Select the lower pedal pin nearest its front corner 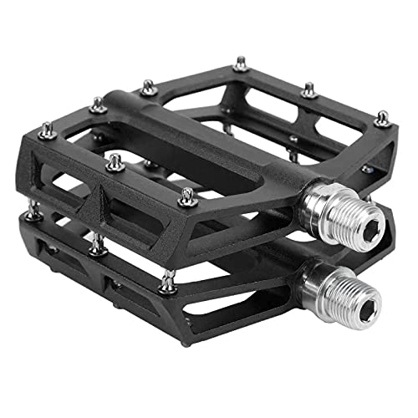169,282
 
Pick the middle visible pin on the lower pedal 97,245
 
